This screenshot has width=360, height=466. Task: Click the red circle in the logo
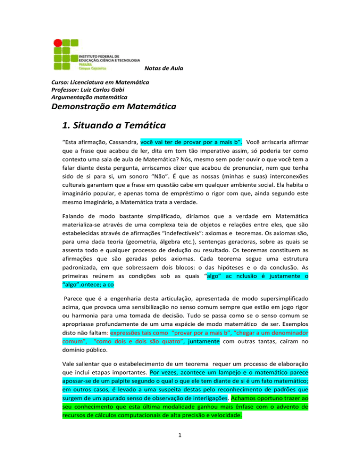tap(58, 43)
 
